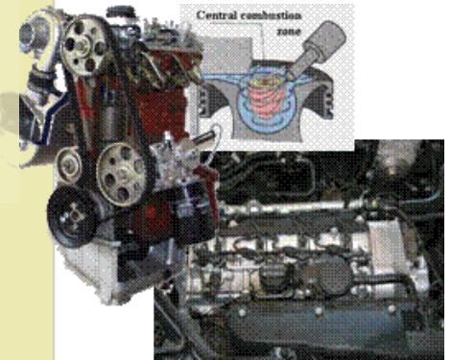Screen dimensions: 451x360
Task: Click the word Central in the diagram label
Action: pyautogui.click(x=217, y=15)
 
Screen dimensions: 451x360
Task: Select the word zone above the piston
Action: pyautogui.click(x=289, y=32)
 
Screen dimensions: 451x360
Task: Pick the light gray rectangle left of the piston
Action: pyautogui.click(x=226, y=55)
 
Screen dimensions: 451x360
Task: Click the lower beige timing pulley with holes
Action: pyautogui.click(x=122, y=174)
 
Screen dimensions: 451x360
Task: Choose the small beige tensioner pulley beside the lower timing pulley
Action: pyautogui.click(x=68, y=165)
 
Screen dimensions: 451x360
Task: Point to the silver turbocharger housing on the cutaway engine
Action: pyautogui.click(x=36, y=35)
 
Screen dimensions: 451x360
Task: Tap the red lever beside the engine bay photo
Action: pyautogui.click(x=209, y=185)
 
